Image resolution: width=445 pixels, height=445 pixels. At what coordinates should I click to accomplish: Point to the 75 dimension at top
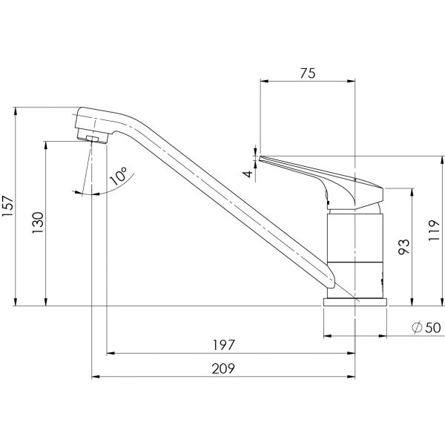click(x=307, y=73)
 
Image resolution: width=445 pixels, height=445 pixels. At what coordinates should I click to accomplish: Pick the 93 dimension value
click(x=403, y=245)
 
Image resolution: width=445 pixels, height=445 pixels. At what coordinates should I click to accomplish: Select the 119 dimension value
click(x=435, y=231)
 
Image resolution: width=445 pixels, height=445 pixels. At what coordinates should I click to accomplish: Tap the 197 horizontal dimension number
click(x=223, y=345)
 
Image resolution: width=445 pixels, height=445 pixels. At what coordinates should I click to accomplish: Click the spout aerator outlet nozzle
click(x=93, y=139)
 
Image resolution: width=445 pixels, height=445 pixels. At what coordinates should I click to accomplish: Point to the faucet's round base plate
click(x=355, y=302)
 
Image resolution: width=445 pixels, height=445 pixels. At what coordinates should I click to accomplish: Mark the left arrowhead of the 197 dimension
click(x=110, y=354)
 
